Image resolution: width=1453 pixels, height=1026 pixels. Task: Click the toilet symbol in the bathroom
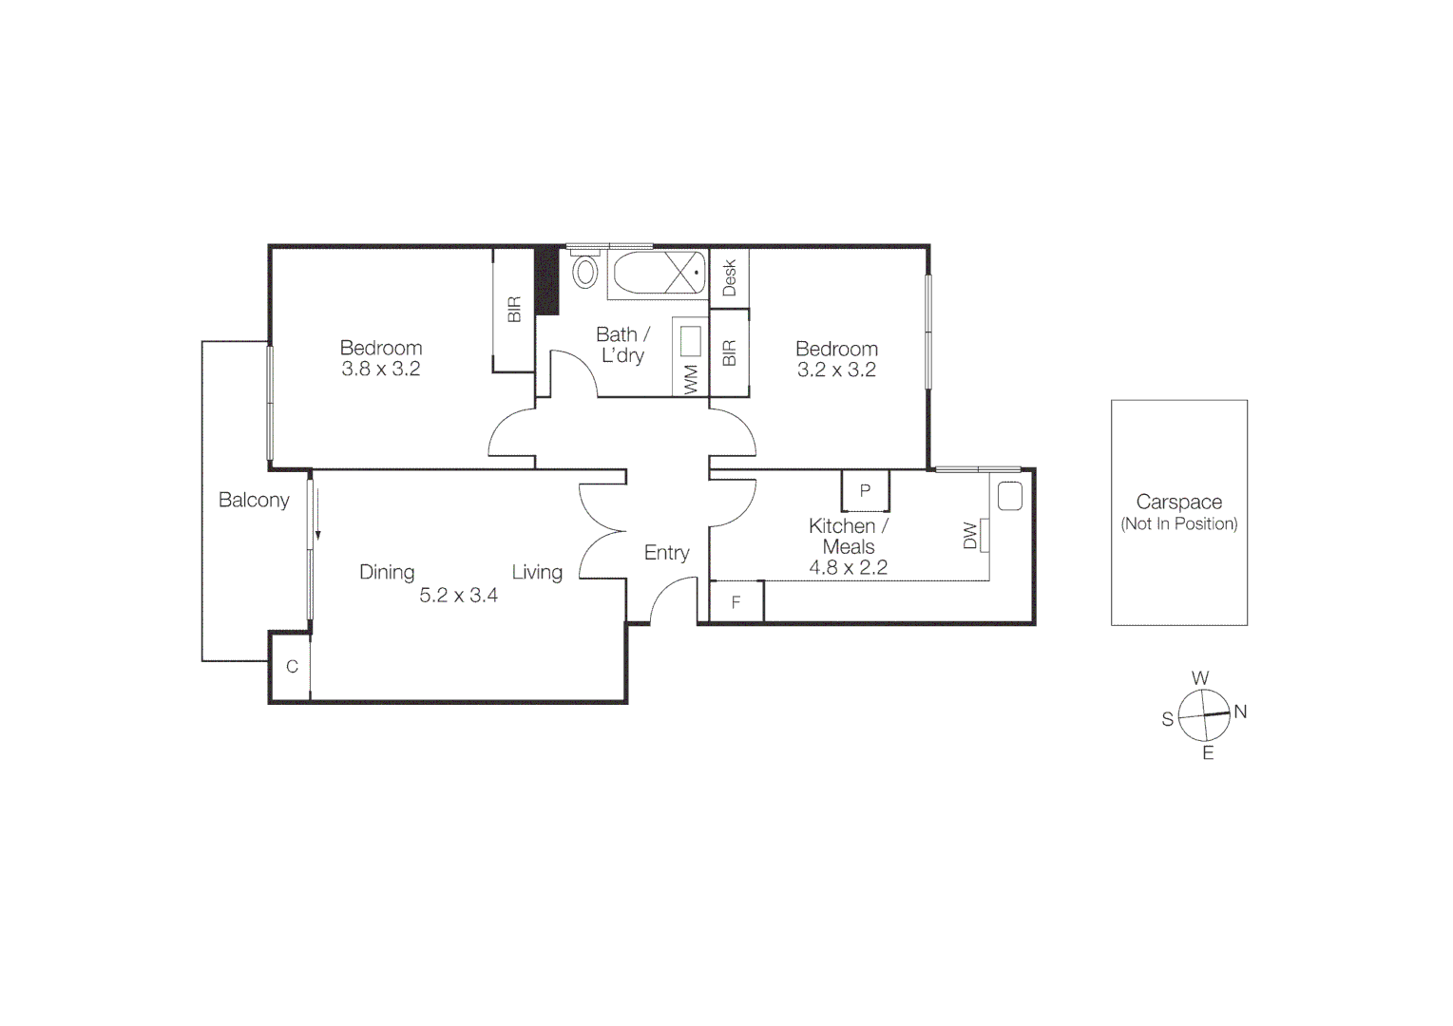pyautogui.click(x=584, y=272)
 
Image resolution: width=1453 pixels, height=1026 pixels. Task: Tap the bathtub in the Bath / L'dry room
pyautogui.click(x=659, y=274)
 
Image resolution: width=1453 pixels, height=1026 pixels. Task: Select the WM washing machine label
pyautogui.click(x=691, y=380)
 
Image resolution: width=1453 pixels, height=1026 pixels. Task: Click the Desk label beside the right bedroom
pyautogui.click(x=730, y=278)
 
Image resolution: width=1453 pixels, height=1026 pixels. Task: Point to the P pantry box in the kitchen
pyautogui.click(x=865, y=491)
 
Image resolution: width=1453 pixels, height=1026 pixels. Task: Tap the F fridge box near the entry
pyautogui.click(x=736, y=602)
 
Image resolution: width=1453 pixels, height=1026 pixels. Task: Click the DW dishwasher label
pyautogui.click(x=970, y=536)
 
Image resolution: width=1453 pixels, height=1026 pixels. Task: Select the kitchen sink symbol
pyautogui.click(x=1009, y=497)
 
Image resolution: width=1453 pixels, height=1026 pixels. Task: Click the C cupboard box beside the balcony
pyautogui.click(x=292, y=667)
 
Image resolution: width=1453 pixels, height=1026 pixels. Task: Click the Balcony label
pyautogui.click(x=254, y=500)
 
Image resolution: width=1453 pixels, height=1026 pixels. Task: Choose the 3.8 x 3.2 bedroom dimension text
pyautogui.click(x=381, y=370)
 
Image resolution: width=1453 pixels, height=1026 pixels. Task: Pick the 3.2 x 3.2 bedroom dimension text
pyautogui.click(x=836, y=370)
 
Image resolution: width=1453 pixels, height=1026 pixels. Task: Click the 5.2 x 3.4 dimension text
pyautogui.click(x=459, y=596)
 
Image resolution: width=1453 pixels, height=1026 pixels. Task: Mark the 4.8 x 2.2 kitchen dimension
pyautogui.click(x=848, y=568)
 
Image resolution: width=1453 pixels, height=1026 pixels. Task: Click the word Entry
pyautogui.click(x=666, y=553)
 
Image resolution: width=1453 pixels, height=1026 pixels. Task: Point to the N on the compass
pyautogui.click(x=1240, y=712)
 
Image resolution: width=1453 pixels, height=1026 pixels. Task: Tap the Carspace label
pyautogui.click(x=1178, y=502)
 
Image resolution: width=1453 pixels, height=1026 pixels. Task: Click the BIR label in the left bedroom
pyautogui.click(x=514, y=310)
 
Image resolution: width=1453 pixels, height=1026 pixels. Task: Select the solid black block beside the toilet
pyautogui.click(x=546, y=280)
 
